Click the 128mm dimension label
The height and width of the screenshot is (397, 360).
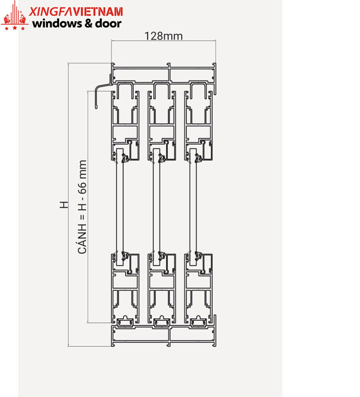pyautogui.click(x=164, y=36)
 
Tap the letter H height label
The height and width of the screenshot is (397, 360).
pyautogui.click(x=64, y=205)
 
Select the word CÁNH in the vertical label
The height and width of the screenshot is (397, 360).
pyautogui.click(x=82, y=239)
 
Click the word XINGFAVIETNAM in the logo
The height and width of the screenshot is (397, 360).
pyautogui.click(x=76, y=12)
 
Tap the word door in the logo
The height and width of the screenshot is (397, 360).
pyautogui.click(x=108, y=24)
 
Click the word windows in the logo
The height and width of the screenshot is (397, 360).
pyautogui.click(x=57, y=24)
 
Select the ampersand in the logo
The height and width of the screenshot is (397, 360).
pyautogui.click(x=88, y=24)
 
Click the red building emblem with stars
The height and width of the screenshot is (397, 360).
pyautogui.click(x=14, y=16)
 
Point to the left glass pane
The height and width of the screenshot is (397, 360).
pyautogui.click(x=120, y=207)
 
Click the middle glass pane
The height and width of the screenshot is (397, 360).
pyautogui.click(x=156, y=207)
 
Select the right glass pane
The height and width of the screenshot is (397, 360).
pyautogui.click(x=193, y=207)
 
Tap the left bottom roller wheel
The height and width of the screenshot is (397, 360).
pyautogui.click(x=125, y=321)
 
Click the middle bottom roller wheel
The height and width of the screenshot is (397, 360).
pyautogui.click(x=161, y=321)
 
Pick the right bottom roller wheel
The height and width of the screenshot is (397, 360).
pyautogui.click(x=198, y=321)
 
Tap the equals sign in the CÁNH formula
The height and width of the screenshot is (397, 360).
pyautogui.click(x=82, y=217)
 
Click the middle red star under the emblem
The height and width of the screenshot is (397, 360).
pyautogui.click(x=15, y=28)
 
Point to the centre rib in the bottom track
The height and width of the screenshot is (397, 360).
pyautogui.click(x=169, y=337)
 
